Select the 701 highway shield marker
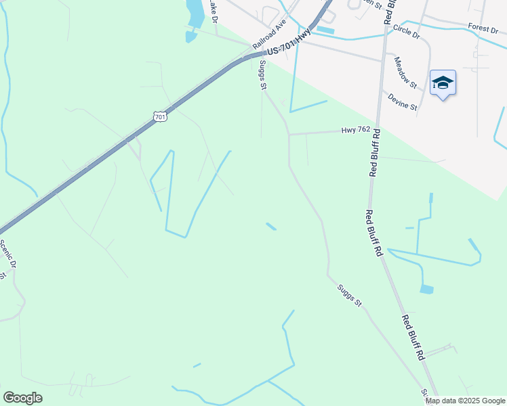click(160, 116)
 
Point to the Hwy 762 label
click(356, 130)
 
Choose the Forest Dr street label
click(483, 27)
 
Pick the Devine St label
click(403, 101)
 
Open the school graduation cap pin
click(443, 83)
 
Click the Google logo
click(22, 398)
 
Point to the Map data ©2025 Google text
click(465, 401)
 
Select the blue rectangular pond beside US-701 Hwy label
click(325, 30)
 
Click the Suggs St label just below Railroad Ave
click(262, 75)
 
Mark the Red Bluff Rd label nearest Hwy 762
click(374, 152)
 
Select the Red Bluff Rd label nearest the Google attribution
click(413, 337)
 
